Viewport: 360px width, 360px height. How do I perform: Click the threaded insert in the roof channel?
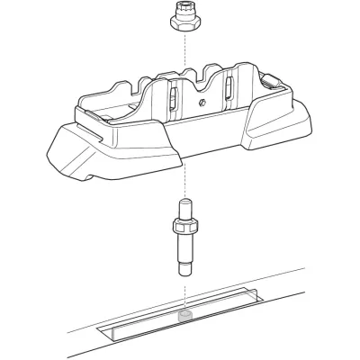[x=186, y=317]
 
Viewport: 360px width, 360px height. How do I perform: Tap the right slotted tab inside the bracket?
[x=230, y=90]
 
